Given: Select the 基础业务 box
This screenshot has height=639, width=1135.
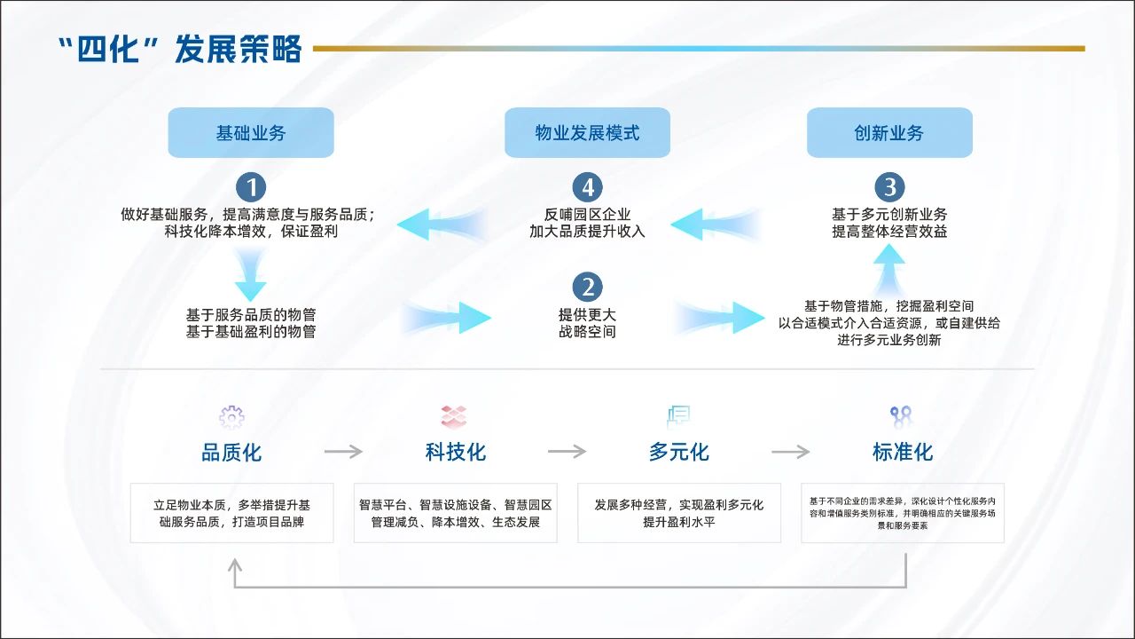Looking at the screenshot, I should point(251,133).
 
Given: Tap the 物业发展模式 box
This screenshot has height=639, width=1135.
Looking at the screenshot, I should point(587,133).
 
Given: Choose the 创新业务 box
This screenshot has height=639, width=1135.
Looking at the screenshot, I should point(888,133).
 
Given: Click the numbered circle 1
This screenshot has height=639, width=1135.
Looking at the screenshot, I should point(251,187).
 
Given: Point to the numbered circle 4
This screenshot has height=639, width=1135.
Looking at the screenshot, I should point(587,187).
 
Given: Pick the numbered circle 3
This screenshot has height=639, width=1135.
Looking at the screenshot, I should point(889,187).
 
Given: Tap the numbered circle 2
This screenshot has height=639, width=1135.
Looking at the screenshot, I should point(587,287).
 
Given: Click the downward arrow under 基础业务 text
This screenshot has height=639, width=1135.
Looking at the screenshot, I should point(251,275).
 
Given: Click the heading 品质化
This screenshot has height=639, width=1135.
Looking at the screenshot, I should point(231,453).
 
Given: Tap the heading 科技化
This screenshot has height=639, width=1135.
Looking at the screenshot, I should point(456,452).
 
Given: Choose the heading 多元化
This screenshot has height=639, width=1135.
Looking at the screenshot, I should point(679,452).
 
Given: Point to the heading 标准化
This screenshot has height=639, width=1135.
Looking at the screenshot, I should point(903,452).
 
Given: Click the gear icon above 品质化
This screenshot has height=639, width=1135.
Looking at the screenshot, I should point(231,416).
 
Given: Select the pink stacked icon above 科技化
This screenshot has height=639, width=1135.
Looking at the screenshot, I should point(454,416).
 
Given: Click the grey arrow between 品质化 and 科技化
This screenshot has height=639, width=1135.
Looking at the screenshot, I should point(343,452).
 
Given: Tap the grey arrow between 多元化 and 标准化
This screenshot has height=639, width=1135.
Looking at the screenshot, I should point(790,452).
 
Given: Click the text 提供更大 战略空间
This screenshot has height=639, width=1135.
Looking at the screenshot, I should point(587,323).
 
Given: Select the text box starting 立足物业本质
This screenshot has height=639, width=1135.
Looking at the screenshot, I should point(231,513).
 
